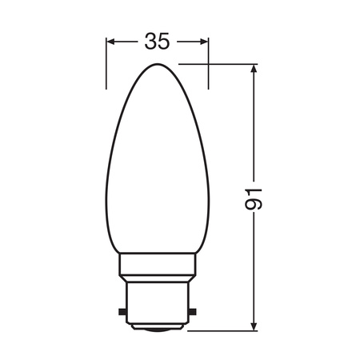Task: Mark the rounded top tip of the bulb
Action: point(158,66)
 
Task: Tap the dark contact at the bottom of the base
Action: point(158,328)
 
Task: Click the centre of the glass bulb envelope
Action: point(158,168)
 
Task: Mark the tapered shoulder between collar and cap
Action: point(158,277)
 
